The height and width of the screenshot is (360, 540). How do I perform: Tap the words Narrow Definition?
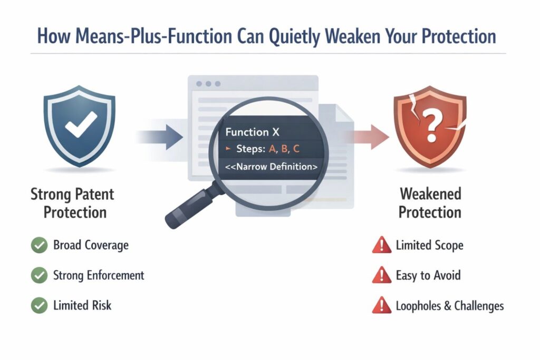pyautogui.click(x=271, y=167)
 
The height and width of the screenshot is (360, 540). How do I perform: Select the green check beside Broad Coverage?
pyautogui.click(x=38, y=245)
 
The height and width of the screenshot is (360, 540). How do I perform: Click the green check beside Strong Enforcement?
pyautogui.click(x=38, y=275)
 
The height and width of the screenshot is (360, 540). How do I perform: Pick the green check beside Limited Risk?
pyautogui.click(x=38, y=305)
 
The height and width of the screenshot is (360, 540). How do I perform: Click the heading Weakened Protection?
pyautogui.click(x=430, y=202)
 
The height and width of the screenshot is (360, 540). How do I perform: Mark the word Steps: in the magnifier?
pyautogui.click(x=250, y=149)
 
